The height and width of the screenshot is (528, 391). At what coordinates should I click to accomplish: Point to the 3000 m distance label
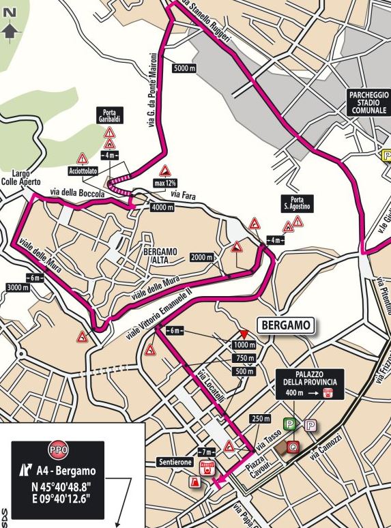(16, 288)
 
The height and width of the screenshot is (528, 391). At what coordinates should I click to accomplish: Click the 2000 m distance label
(202, 257)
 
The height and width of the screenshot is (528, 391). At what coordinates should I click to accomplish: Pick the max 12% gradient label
(165, 183)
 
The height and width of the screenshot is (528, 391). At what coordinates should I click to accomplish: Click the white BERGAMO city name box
(286, 325)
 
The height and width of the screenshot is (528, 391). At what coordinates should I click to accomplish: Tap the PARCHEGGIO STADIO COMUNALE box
(368, 102)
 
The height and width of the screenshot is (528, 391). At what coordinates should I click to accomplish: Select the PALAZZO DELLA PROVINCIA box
(306, 383)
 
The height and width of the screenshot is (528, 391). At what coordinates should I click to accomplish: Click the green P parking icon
(291, 424)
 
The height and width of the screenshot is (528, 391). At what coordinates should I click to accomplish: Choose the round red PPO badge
(58, 451)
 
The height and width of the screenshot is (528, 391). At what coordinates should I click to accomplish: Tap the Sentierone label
(174, 461)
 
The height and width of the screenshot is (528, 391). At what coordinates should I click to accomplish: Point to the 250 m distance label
(257, 418)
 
